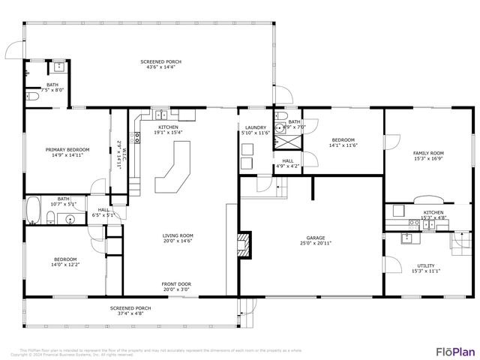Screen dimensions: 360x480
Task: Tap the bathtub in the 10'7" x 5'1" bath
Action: coord(34,211)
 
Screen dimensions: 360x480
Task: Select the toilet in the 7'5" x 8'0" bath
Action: coord(31,97)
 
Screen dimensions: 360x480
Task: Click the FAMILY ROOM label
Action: coord(428,153)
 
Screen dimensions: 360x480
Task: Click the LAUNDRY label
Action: coord(256,127)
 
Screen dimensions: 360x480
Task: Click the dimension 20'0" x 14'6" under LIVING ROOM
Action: coord(178,241)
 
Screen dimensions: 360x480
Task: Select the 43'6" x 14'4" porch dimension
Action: coord(160,67)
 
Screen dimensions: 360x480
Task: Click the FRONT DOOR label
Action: coord(178,283)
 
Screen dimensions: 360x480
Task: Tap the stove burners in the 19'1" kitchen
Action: coord(136,137)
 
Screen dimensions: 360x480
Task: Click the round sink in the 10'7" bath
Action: coord(70,219)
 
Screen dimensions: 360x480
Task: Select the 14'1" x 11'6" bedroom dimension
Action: coord(344,145)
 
